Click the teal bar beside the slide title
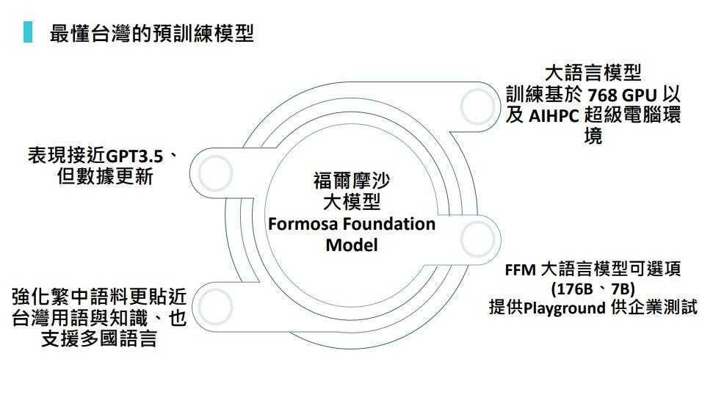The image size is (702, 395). (27, 33)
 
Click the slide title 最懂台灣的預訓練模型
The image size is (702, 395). (151, 34)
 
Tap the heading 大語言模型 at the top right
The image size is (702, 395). (593, 73)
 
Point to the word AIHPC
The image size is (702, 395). (553, 116)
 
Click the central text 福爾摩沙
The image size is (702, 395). (351, 180)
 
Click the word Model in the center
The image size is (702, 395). (351, 244)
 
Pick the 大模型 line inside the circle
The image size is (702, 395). (351, 200)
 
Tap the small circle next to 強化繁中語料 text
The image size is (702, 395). (214, 303)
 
